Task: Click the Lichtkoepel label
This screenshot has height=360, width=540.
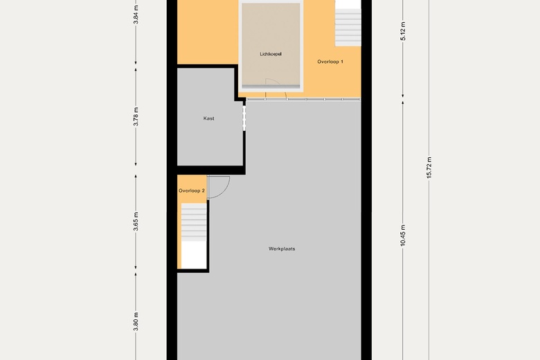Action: click(271, 54)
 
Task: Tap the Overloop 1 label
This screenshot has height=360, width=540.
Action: click(330, 62)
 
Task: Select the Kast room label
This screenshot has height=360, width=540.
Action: click(208, 118)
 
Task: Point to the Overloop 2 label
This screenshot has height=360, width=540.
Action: click(192, 191)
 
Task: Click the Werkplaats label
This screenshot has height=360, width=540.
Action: click(282, 249)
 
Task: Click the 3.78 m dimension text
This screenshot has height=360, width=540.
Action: click(136, 117)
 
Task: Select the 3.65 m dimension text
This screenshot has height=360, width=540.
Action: click(136, 222)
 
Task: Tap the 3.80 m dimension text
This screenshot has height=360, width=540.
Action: click(136, 322)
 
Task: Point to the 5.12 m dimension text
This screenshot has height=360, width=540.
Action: click(403, 31)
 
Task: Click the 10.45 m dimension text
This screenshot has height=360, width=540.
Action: click(403, 235)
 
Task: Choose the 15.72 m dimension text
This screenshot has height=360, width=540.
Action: click(429, 168)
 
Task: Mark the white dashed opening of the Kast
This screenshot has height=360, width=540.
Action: click(244, 118)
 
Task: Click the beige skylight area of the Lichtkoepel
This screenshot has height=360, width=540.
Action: click(271, 44)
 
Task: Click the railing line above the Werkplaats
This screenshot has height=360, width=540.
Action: click(303, 99)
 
